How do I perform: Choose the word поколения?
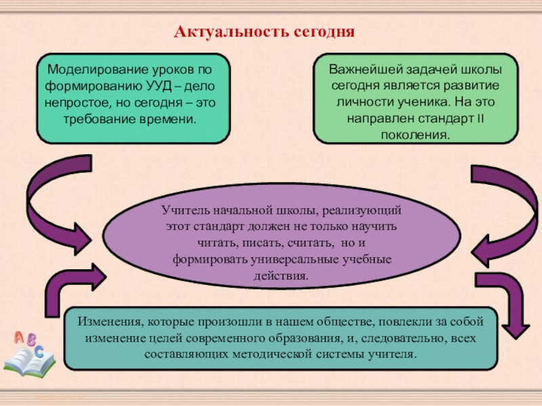[416, 135]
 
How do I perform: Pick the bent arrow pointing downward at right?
[508, 304]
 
